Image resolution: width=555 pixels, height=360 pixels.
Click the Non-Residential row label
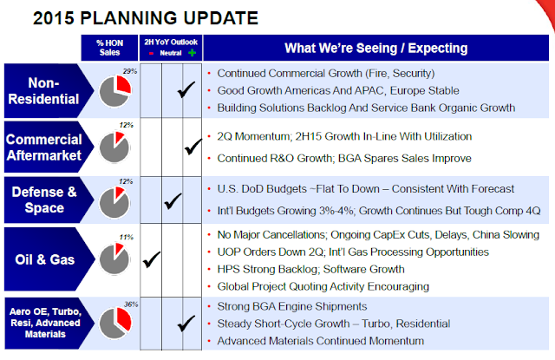(43, 91)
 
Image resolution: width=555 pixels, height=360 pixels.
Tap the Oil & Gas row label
(45, 259)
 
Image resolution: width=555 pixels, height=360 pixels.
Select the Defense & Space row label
(44, 200)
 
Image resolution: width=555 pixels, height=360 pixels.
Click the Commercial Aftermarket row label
(44, 147)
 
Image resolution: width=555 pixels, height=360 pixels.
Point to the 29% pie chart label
(130, 71)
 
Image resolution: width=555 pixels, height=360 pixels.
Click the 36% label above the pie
(131, 304)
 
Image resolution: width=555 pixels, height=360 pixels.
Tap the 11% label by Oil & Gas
(126, 237)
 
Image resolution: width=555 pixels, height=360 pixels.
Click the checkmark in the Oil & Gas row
(152, 259)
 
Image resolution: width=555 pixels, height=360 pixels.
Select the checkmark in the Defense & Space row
(173, 200)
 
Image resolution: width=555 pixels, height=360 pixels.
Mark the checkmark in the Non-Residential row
(186, 89)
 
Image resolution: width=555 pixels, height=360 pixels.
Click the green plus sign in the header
(193, 53)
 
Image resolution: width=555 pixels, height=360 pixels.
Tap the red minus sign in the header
(151, 54)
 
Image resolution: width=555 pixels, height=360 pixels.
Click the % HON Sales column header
(110, 48)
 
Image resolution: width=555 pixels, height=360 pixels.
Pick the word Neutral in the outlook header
(171, 53)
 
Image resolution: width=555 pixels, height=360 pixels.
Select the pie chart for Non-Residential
(115, 91)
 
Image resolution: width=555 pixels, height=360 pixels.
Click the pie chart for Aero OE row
(115, 324)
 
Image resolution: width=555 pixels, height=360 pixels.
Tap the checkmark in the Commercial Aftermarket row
(193, 147)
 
